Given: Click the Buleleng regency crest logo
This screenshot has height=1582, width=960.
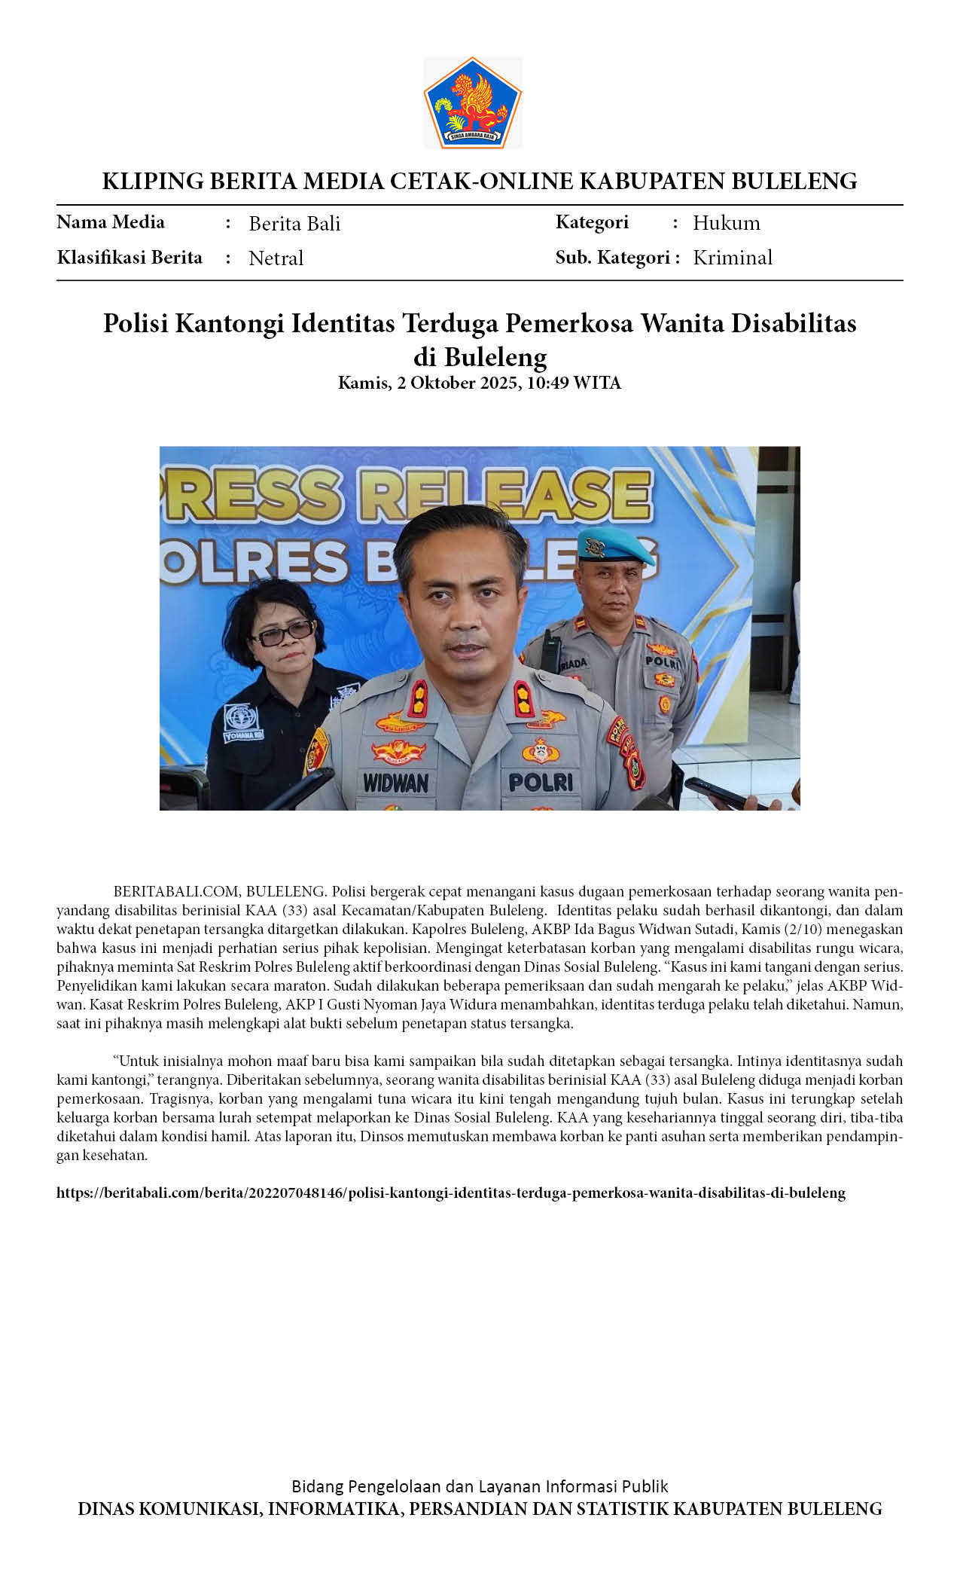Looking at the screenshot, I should [473, 102].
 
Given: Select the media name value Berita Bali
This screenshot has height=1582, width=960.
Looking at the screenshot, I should [294, 224].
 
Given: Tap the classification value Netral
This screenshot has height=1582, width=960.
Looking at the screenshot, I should [276, 258].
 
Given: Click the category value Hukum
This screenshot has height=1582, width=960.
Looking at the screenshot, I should [726, 223].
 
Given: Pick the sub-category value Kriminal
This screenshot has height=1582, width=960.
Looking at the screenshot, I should [732, 258].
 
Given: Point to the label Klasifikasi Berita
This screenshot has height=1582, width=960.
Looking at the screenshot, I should [130, 258].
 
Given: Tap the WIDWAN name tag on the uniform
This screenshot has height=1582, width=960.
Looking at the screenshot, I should [395, 783].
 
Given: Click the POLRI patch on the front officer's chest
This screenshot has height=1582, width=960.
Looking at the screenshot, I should [540, 782].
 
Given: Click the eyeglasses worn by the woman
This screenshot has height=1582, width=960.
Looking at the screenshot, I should [282, 634].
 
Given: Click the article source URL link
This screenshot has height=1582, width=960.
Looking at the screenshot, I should [450, 1193].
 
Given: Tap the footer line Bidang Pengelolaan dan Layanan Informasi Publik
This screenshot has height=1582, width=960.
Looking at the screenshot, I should [480, 1486].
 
